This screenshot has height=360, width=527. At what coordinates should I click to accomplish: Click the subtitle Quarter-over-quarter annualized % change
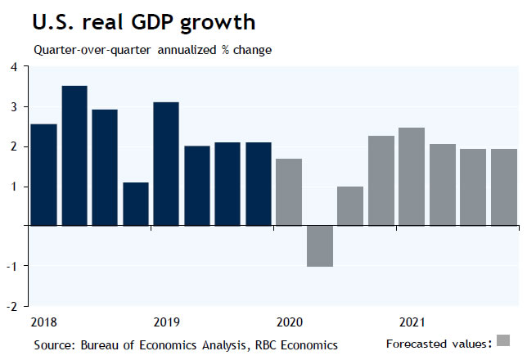(153, 50)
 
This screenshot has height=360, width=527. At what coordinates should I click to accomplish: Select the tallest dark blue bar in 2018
(74, 155)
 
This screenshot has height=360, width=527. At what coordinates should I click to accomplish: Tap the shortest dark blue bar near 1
(136, 204)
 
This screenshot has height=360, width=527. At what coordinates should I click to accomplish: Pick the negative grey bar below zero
(320, 246)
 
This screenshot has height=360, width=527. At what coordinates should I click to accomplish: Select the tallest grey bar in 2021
(412, 177)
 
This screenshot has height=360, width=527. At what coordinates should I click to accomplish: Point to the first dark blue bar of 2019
(166, 164)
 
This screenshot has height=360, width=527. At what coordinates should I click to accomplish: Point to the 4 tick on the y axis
(14, 67)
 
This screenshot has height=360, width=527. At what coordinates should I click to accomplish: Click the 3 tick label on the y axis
(14, 107)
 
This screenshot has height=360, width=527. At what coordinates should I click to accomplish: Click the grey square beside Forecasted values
(503, 340)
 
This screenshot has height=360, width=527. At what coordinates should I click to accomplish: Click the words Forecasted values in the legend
(438, 342)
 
